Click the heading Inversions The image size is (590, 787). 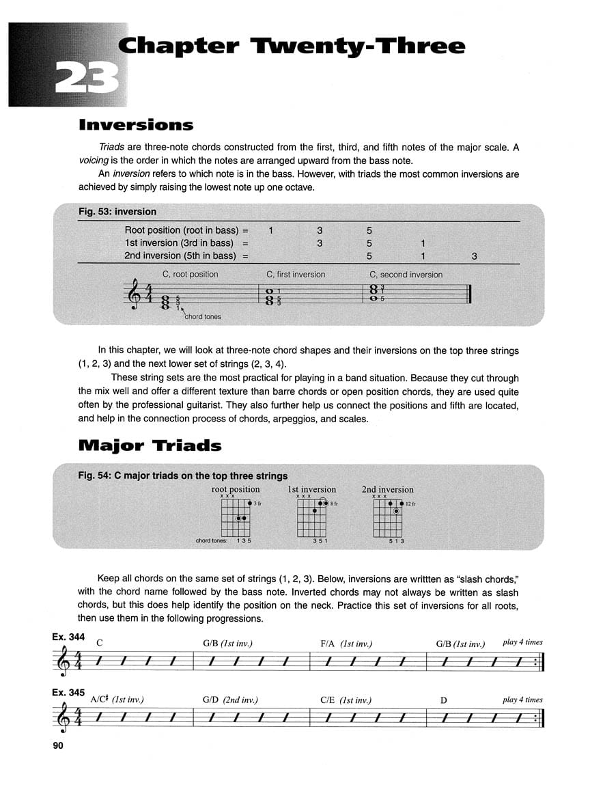136,125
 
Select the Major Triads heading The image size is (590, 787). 150,446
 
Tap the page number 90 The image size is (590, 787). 57,745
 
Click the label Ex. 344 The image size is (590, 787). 68,637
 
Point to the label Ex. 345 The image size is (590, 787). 68,693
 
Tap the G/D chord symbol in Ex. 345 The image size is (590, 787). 211,700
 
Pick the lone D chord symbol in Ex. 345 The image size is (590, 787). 444,700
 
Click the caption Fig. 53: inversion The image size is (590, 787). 117,212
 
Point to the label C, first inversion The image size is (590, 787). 296,275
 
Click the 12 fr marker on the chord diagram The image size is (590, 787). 410,503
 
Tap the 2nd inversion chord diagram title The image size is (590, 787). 387,489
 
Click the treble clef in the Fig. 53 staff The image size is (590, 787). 135,296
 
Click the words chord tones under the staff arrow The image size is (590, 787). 203,316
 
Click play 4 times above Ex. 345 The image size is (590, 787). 522,700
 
